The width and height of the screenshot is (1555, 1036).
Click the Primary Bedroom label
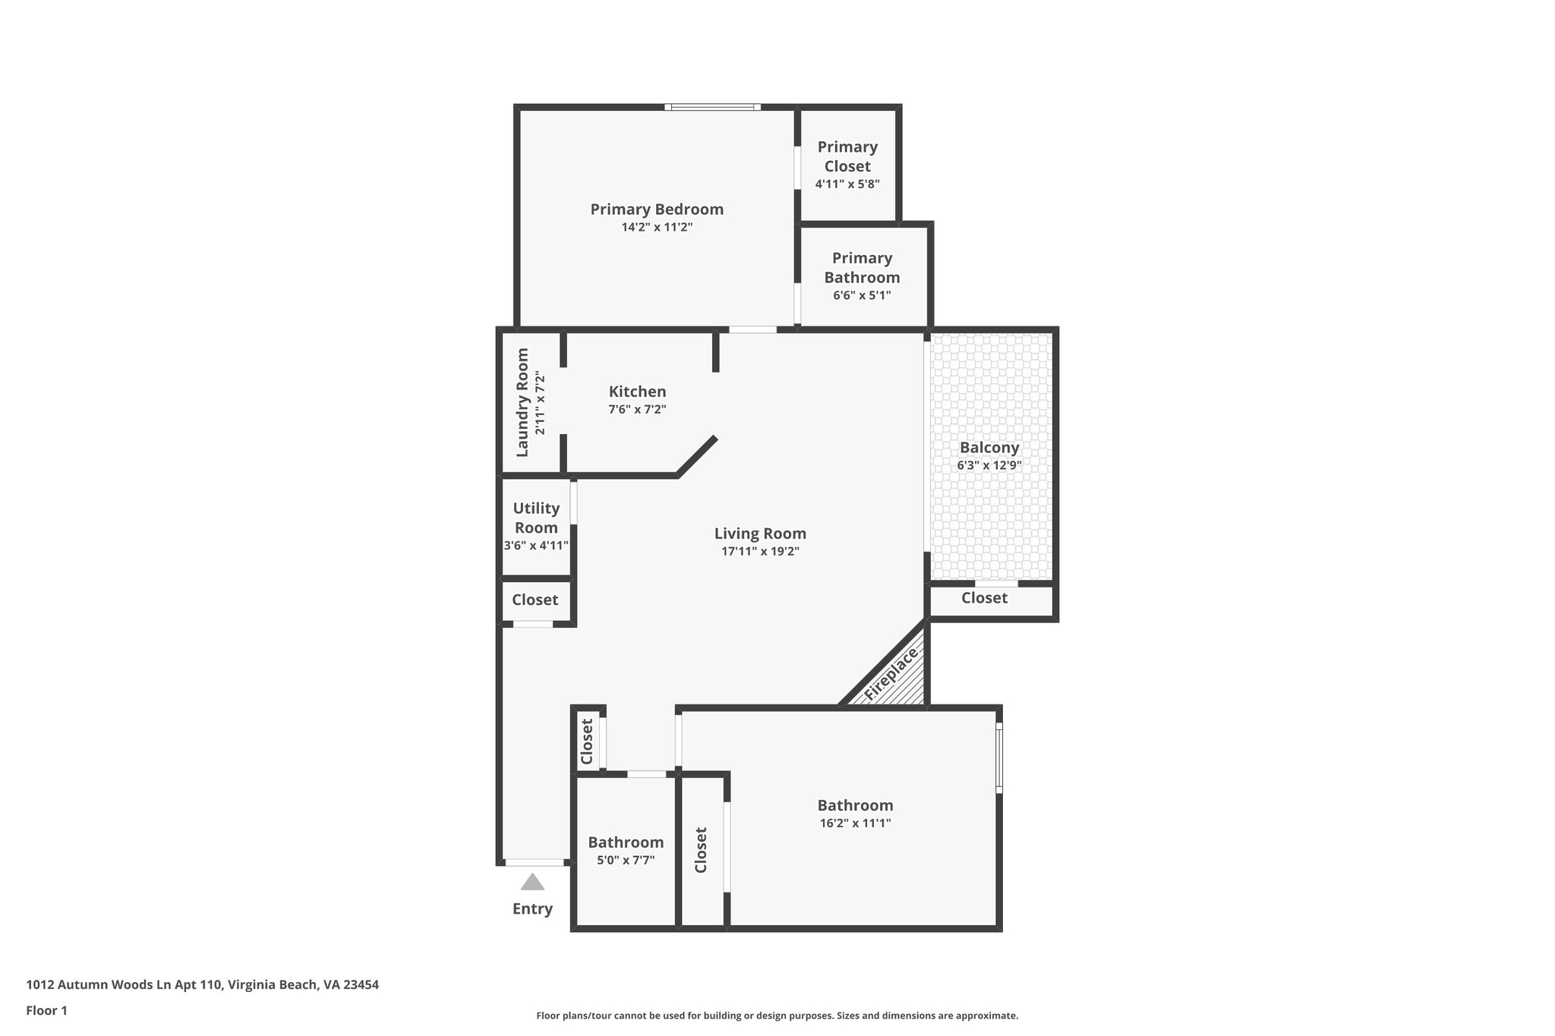pos(657,209)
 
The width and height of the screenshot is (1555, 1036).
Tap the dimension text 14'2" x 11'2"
pos(657,227)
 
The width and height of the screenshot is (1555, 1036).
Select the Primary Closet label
pos(847,156)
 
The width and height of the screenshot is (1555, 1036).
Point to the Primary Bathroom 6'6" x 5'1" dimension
pos(862,295)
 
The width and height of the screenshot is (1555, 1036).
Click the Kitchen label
pos(637,392)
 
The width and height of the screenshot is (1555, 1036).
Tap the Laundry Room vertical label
pos(522,402)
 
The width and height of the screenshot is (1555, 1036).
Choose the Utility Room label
pos(536,518)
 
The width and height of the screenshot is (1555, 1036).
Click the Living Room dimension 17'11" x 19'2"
pos(760,552)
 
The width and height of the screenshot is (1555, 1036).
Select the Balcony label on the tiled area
pos(989,448)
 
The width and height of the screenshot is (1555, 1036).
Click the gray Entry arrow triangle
pos(532,882)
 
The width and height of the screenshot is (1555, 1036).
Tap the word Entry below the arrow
pos(532,908)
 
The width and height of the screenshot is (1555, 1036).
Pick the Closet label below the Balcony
pos(984,598)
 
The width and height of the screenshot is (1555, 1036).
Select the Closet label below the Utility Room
pos(535,600)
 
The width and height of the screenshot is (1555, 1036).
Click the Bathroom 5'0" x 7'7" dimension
pos(626,860)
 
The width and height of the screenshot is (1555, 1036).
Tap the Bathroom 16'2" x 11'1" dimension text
pos(855,823)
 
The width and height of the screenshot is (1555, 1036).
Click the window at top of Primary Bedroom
pos(712,107)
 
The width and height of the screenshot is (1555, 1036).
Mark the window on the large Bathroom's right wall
pos(999,757)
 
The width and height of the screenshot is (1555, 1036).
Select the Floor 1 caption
pos(47,1010)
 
